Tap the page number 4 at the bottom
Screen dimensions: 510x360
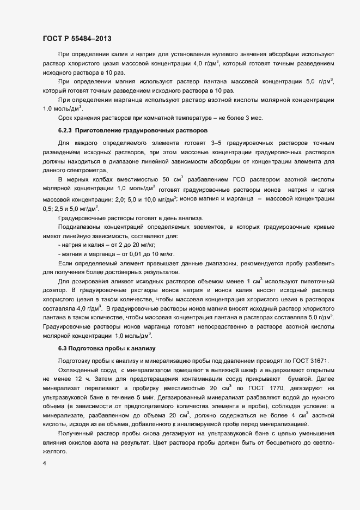click(44, 464)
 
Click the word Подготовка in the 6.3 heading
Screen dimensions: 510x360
click(83, 348)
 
